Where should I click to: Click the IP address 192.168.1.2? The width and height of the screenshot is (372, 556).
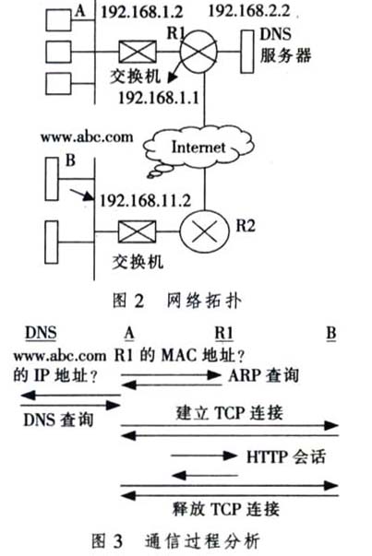pos(142,12)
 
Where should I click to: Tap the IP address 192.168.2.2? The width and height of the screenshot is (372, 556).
pos(249,11)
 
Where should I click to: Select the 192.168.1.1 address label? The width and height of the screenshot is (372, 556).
pos(159,98)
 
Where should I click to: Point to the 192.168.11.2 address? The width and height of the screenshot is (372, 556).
pos(145,201)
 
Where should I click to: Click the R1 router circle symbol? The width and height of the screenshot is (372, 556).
pos(198,52)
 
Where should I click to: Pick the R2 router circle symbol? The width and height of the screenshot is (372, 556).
pos(204,231)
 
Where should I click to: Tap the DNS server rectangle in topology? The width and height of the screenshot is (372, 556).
pos(247,52)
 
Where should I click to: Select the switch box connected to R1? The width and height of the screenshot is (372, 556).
pos(137,52)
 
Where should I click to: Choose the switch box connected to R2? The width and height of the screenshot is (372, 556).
pos(137,231)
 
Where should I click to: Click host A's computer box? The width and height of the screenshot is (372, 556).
pos(58,20)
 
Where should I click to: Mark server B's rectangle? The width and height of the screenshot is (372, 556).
pos(52,179)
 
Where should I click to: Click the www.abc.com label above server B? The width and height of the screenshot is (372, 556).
pos(87,136)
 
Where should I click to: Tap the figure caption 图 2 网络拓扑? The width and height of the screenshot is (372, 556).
pos(177,301)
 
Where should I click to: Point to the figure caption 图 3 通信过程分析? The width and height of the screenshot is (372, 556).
pos(176,541)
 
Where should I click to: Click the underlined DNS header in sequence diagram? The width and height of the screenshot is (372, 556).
pos(41,333)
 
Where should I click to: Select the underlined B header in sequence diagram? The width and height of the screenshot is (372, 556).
pos(330,333)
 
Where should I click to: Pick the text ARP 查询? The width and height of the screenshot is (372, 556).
pos(263,375)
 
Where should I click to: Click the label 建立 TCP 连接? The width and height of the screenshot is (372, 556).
pos(229,413)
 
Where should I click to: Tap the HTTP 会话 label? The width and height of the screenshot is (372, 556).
pos(286,456)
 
